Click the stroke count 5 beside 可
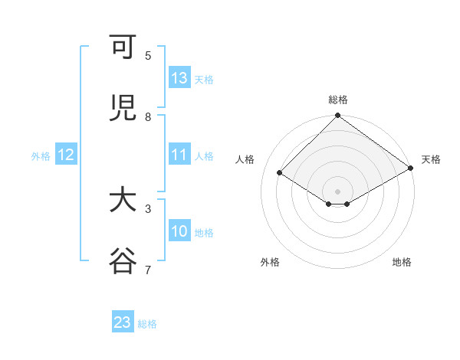click(148, 55)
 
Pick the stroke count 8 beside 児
click(148, 116)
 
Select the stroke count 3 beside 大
click(148, 208)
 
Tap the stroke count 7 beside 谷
click(148, 269)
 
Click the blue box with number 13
click(179, 78)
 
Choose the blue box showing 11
click(179, 155)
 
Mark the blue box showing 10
click(179, 231)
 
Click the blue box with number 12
click(66, 155)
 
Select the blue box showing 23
click(123, 322)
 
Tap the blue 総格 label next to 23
click(147, 324)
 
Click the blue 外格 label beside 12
click(41, 156)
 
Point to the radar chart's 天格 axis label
click(431, 159)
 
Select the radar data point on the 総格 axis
click(337, 116)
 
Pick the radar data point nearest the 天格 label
click(411, 168)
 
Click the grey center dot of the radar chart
click(337, 191)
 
